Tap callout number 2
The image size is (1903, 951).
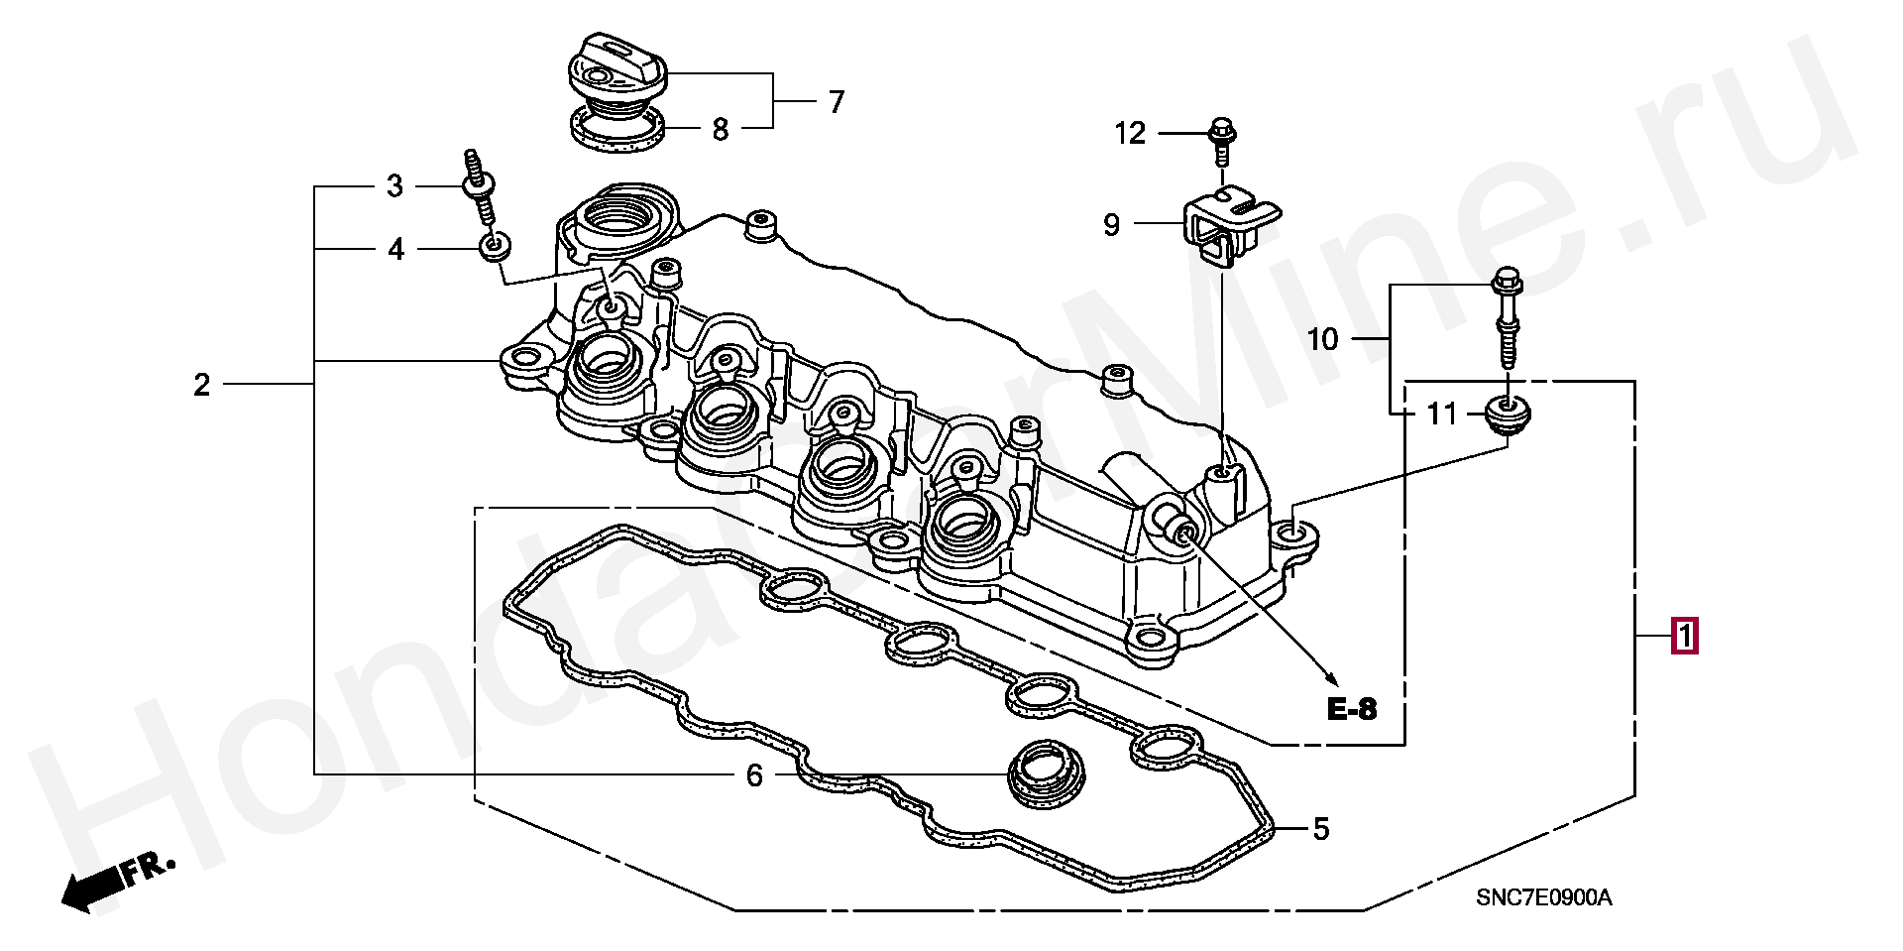click(202, 384)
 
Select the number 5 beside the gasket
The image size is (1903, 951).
click(1320, 829)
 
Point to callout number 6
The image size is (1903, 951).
click(755, 774)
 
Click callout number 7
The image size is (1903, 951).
click(837, 102)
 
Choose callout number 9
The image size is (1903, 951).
click(1112, 225)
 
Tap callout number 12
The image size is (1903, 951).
click(1130, 132)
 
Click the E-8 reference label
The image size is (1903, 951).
click(1352, 709)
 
